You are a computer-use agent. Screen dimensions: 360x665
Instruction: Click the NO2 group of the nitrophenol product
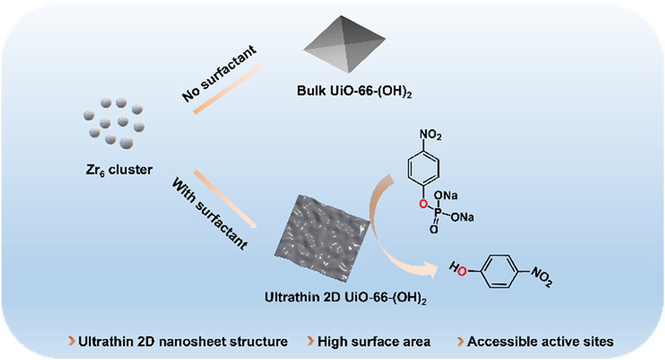[540, 274]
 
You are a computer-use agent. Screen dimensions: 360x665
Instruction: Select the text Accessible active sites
[540, 341]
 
